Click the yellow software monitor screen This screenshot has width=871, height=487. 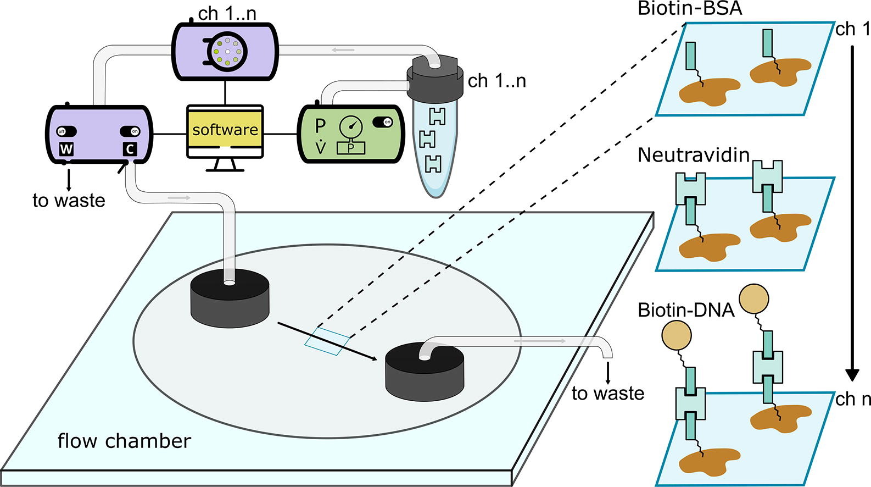(x=225, y=130)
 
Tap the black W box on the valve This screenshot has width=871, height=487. (x=66, y=148)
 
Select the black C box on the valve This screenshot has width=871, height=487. (x=130, y=148)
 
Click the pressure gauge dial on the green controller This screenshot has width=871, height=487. (x=351, y=126)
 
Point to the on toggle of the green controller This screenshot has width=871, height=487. (x=382, y=122)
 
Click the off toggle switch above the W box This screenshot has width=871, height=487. (x=66, y=131)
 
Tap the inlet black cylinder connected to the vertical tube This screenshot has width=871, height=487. (x=230, y=300)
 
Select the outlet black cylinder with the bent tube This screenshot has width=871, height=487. (x=424, y=371)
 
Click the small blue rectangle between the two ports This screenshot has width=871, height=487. (x=327, y=341)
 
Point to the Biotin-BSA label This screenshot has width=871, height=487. (x=689, y=8)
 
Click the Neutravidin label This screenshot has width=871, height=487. (x=693, y=155)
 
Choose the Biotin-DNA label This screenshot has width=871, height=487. (x=685, y=310)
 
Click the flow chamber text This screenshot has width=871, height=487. (x=124, y=441)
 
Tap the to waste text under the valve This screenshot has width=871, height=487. (x=69, y=200)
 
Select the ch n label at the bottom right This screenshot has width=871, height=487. (x=853, y=399)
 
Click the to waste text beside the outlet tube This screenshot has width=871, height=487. (x=607, y=393)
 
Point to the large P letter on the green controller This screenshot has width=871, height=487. (x=320, y=126)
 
